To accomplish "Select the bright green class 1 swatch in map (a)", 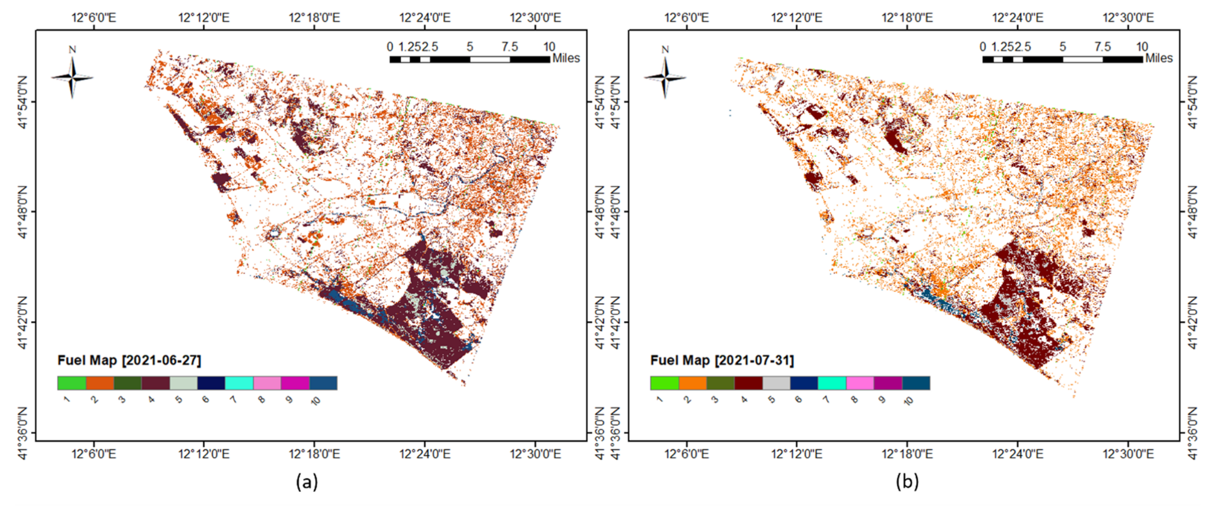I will click(x=71, y=383).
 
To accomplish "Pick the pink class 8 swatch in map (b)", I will click(x=860, y=383).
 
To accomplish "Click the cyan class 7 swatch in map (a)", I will click(x=239, y=383).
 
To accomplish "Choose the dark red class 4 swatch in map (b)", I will click(x=748, y=383).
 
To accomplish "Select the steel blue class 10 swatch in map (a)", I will click(x=323, y=383).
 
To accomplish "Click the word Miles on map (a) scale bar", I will click(x=566, y=58).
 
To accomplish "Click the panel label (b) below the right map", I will click(x=907, y=482).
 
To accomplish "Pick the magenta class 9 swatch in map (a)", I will click(x=295, y=383).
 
